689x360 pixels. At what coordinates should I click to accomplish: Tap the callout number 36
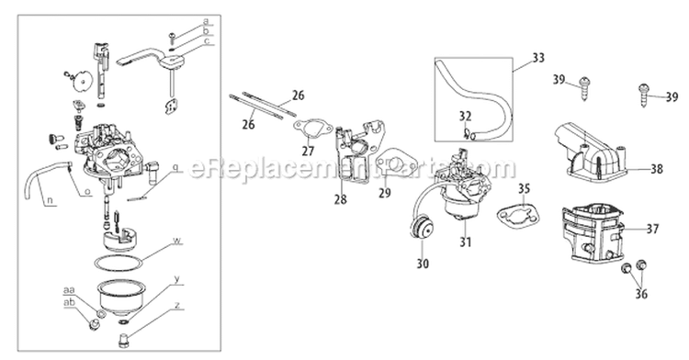(639, 295)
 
